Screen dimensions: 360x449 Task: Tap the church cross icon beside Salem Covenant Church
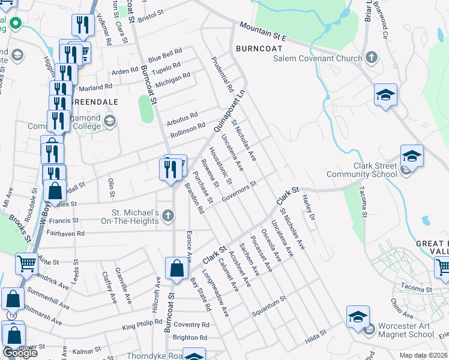(x=372, y=58)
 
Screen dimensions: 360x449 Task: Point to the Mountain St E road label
(x=263, y=32)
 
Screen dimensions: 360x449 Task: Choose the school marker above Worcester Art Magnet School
(x=357, y=316)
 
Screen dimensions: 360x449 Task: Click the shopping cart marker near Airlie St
(x=27, y=263)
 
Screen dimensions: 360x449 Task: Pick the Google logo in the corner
(x=20, y=353)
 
